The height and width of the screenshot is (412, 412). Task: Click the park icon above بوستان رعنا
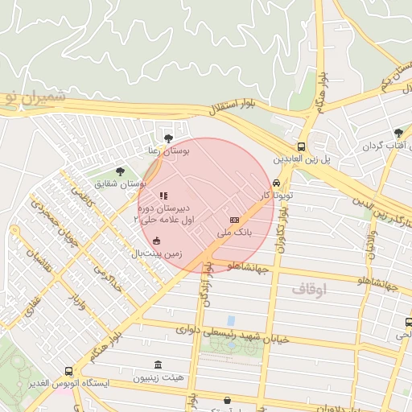tap(168, 138)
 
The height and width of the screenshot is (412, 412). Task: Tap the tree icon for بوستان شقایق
tap(120, 171)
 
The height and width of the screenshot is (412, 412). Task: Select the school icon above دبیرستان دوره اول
tap(163, 196)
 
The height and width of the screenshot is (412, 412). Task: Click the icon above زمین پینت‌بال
tap(156, 240)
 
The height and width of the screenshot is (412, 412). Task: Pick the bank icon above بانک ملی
tap(234, 220)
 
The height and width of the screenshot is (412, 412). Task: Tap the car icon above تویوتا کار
tap(277, 183)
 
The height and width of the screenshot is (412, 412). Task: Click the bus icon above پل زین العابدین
tap(300, 146)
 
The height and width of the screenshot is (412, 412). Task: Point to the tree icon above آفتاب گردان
tap(398, 134)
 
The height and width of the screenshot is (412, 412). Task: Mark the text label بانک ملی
tap(235, 233)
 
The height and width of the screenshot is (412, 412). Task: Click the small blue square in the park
tap(232, 320)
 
